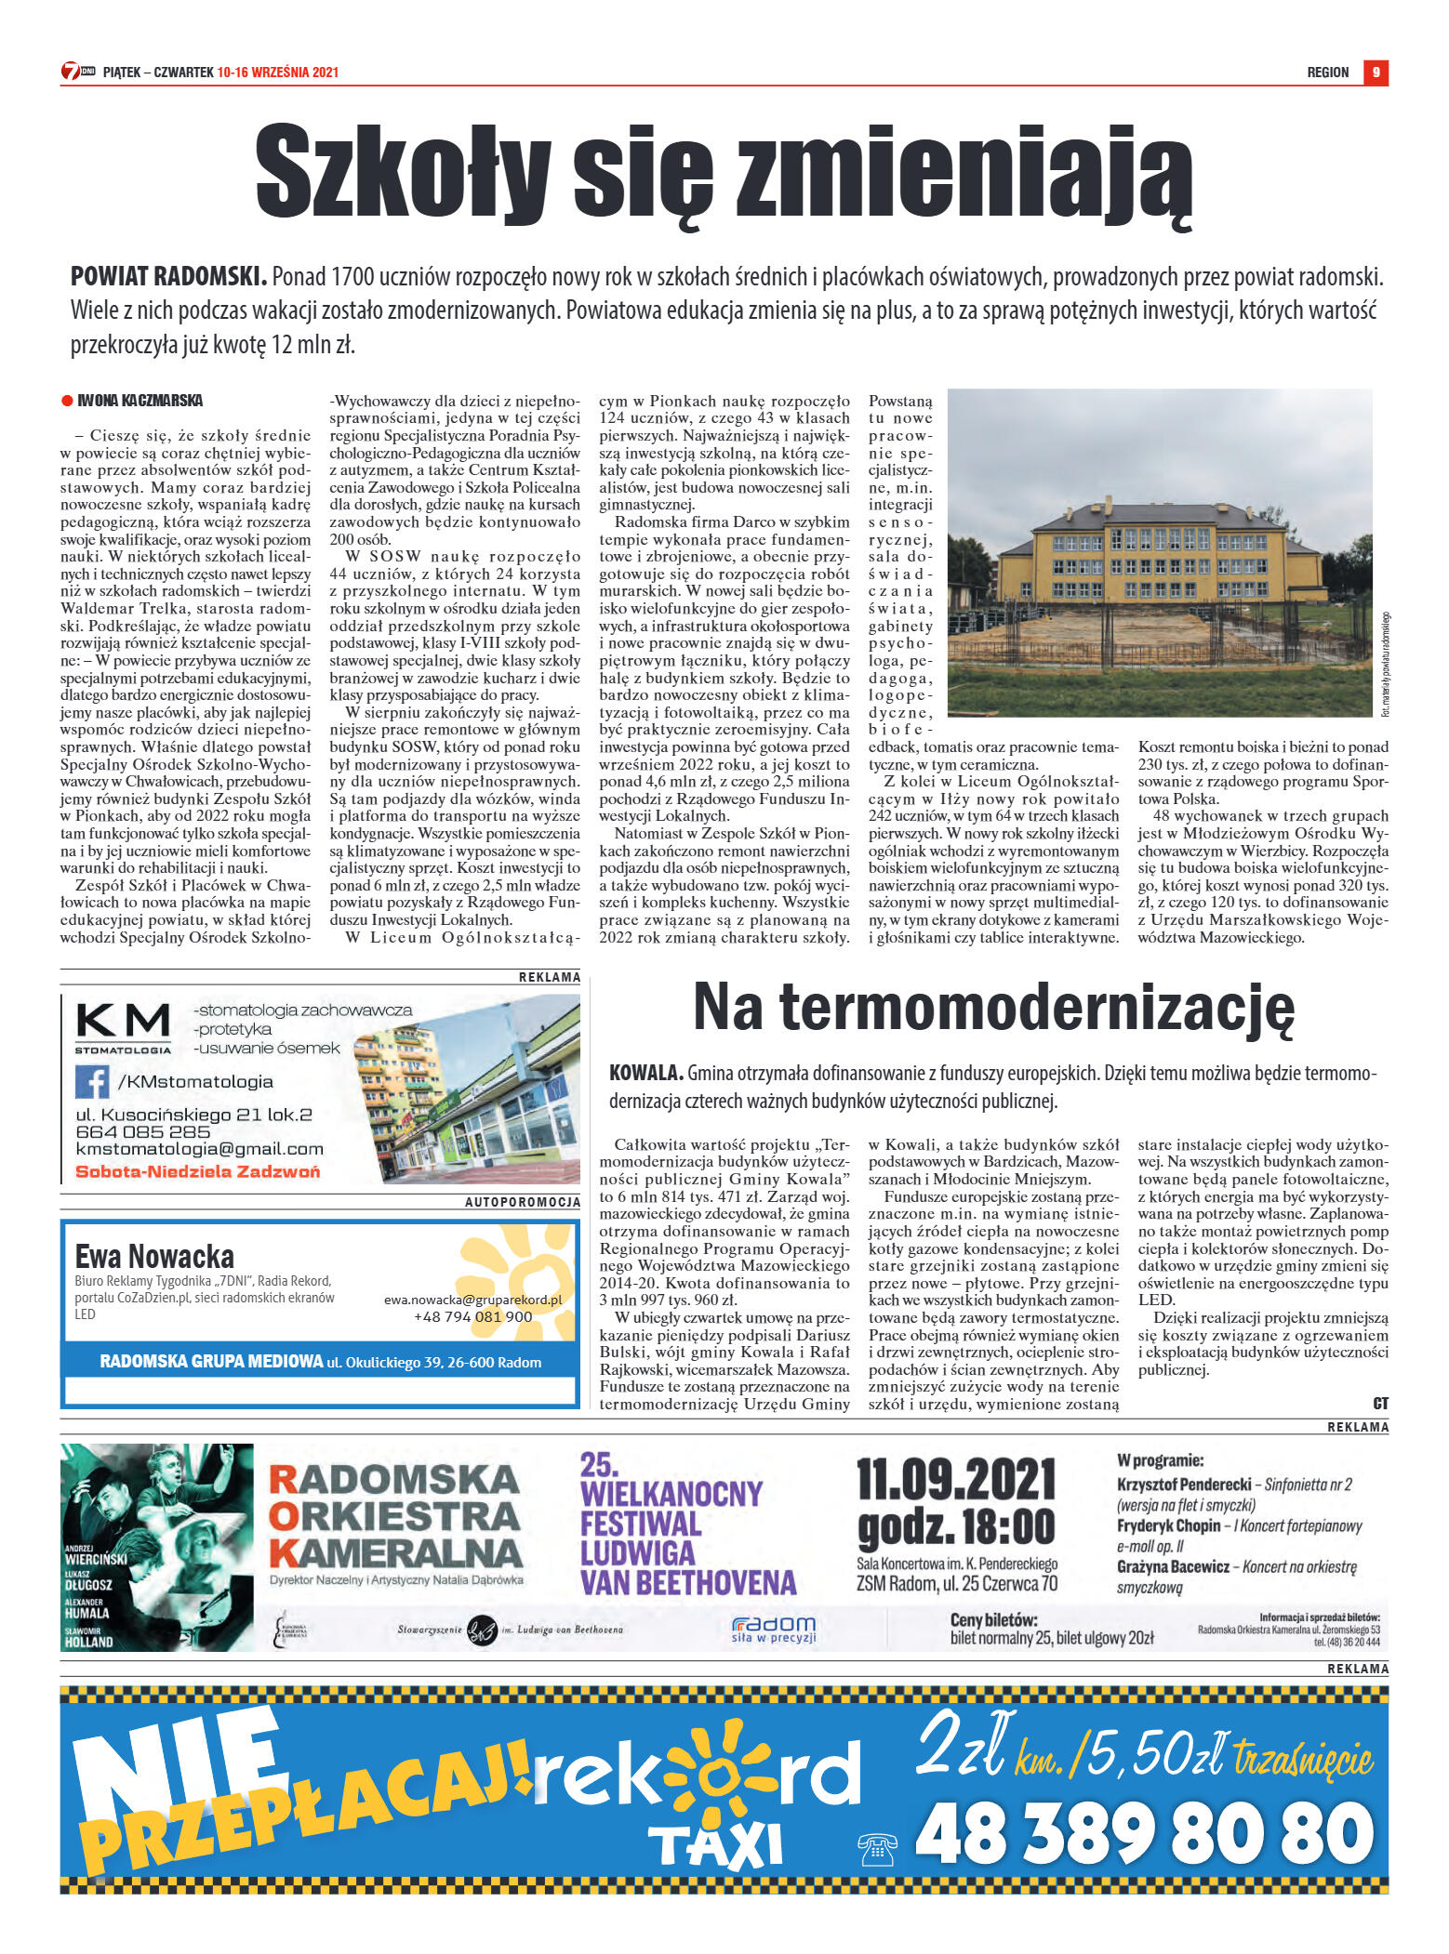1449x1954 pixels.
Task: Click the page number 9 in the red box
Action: pyautogui.click(x=1376, y=73)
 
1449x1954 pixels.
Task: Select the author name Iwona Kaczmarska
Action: pyautogui.click(x=140, y=401)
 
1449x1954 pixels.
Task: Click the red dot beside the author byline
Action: pyautogui.click(x=66, y=401)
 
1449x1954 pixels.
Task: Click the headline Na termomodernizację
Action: pyautogui.click(x=993, y=1008)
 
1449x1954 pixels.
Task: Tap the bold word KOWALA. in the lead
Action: pyautogui.click(x=645, y=1073)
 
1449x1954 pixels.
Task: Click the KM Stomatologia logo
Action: pyautogui.click(x=123, y=1027)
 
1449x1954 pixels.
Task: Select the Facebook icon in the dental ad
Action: pyautogui.click(x=92, y=1081)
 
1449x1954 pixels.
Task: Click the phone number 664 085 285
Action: pyautogui.click(x=143, y=1131)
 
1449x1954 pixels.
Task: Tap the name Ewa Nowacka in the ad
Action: pyautogui.click(x=154, y=1256)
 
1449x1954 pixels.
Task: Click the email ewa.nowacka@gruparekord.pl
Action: pyautogui.click(x=472, y=1300)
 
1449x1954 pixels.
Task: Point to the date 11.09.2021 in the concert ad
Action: pyautogui.click(x=955, y=1479)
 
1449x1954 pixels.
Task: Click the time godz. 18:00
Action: pyautogui.click(x=955, y=1527)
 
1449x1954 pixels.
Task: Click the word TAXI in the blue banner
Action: pyautogui.click(x=714, y=1846)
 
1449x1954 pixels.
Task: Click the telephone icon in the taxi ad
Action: pyautogui.click(x=877, y=1849)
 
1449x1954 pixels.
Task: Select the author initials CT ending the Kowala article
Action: pyautogui.click(x=1380, y=1404)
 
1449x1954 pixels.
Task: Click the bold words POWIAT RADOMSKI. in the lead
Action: pyautogui.click(x=168, y=276)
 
